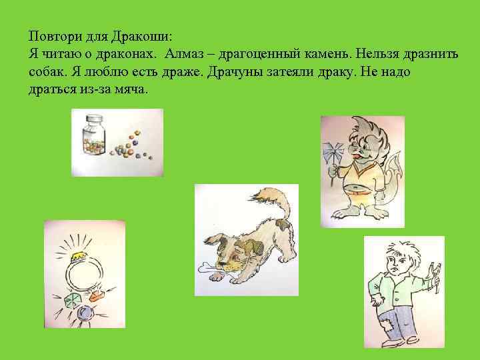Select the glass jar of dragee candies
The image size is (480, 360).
coord(92,138)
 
